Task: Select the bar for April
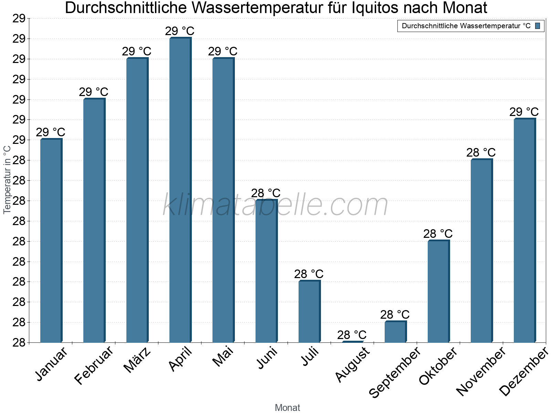click(180, 189)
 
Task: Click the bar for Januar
click(51, 241)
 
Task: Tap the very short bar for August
click(352, 342)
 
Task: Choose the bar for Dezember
click(524, 231)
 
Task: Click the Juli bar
click(309, 311)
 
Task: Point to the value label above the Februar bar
click(94, 92)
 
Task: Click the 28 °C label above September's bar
click(395, 315)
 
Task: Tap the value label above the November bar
click(481, 152)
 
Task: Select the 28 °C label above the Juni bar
click(266, 193)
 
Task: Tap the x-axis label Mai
click(223, 357)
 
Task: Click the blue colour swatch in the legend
click(538, 26)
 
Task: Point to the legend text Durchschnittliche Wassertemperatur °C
click(466, 26)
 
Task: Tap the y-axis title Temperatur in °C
click(7, 180)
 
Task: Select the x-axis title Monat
click(288, 408)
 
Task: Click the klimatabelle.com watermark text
click(275, 205)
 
